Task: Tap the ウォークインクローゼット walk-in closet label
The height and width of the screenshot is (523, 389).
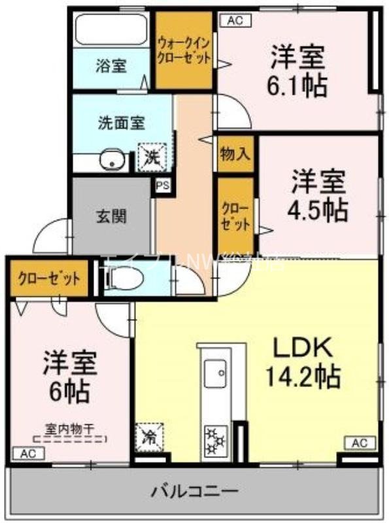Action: (x=184, y=50)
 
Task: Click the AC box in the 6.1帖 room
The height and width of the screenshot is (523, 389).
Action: (x=235, y=20)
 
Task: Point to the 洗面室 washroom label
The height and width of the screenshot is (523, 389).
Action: (x=121, y=122)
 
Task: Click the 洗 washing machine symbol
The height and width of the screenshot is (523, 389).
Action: (x=152, y=157)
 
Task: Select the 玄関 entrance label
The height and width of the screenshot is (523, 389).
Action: (x=111, y=216)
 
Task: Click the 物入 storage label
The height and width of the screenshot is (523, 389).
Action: (x=235, y=154)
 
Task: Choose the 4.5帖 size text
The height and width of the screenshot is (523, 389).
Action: (x=318, y=209)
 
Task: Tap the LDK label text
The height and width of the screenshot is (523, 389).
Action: (x=303, y=346)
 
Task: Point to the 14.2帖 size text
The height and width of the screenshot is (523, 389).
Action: (x=302, y=376)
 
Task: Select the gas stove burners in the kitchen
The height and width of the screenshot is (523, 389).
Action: (x=214, y=439)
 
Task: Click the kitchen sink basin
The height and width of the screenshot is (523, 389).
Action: (x=214, y=375)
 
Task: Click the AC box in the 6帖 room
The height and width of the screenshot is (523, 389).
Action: (x=27, y=453)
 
